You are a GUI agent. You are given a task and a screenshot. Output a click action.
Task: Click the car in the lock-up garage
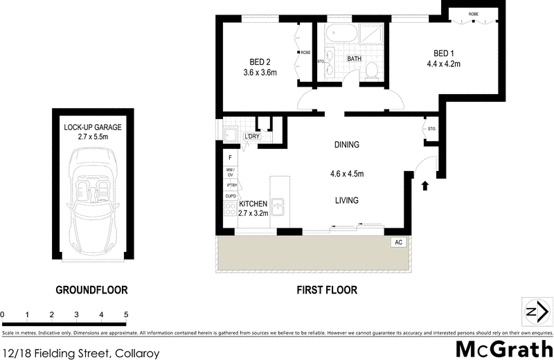tap(91, 201)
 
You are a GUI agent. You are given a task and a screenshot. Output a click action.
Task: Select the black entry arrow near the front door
tap(425, 185)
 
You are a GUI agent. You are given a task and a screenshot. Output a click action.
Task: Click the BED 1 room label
tap(447, 53)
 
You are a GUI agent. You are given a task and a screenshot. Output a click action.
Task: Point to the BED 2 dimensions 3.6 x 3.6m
tap(260, 72)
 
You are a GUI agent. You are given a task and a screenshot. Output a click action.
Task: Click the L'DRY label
tap(251, 138)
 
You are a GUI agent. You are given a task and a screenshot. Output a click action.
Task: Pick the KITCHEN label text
tap(253, 204)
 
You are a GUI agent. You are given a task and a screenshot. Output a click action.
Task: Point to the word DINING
tap(346, 145)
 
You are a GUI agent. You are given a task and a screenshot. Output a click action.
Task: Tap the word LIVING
tap(346, 201)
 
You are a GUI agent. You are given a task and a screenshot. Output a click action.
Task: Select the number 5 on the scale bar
tap(126, 315)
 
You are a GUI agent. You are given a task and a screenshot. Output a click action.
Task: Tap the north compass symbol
tap(533, 312)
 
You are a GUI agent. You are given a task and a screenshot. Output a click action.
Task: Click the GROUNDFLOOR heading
tap(91, 290)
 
